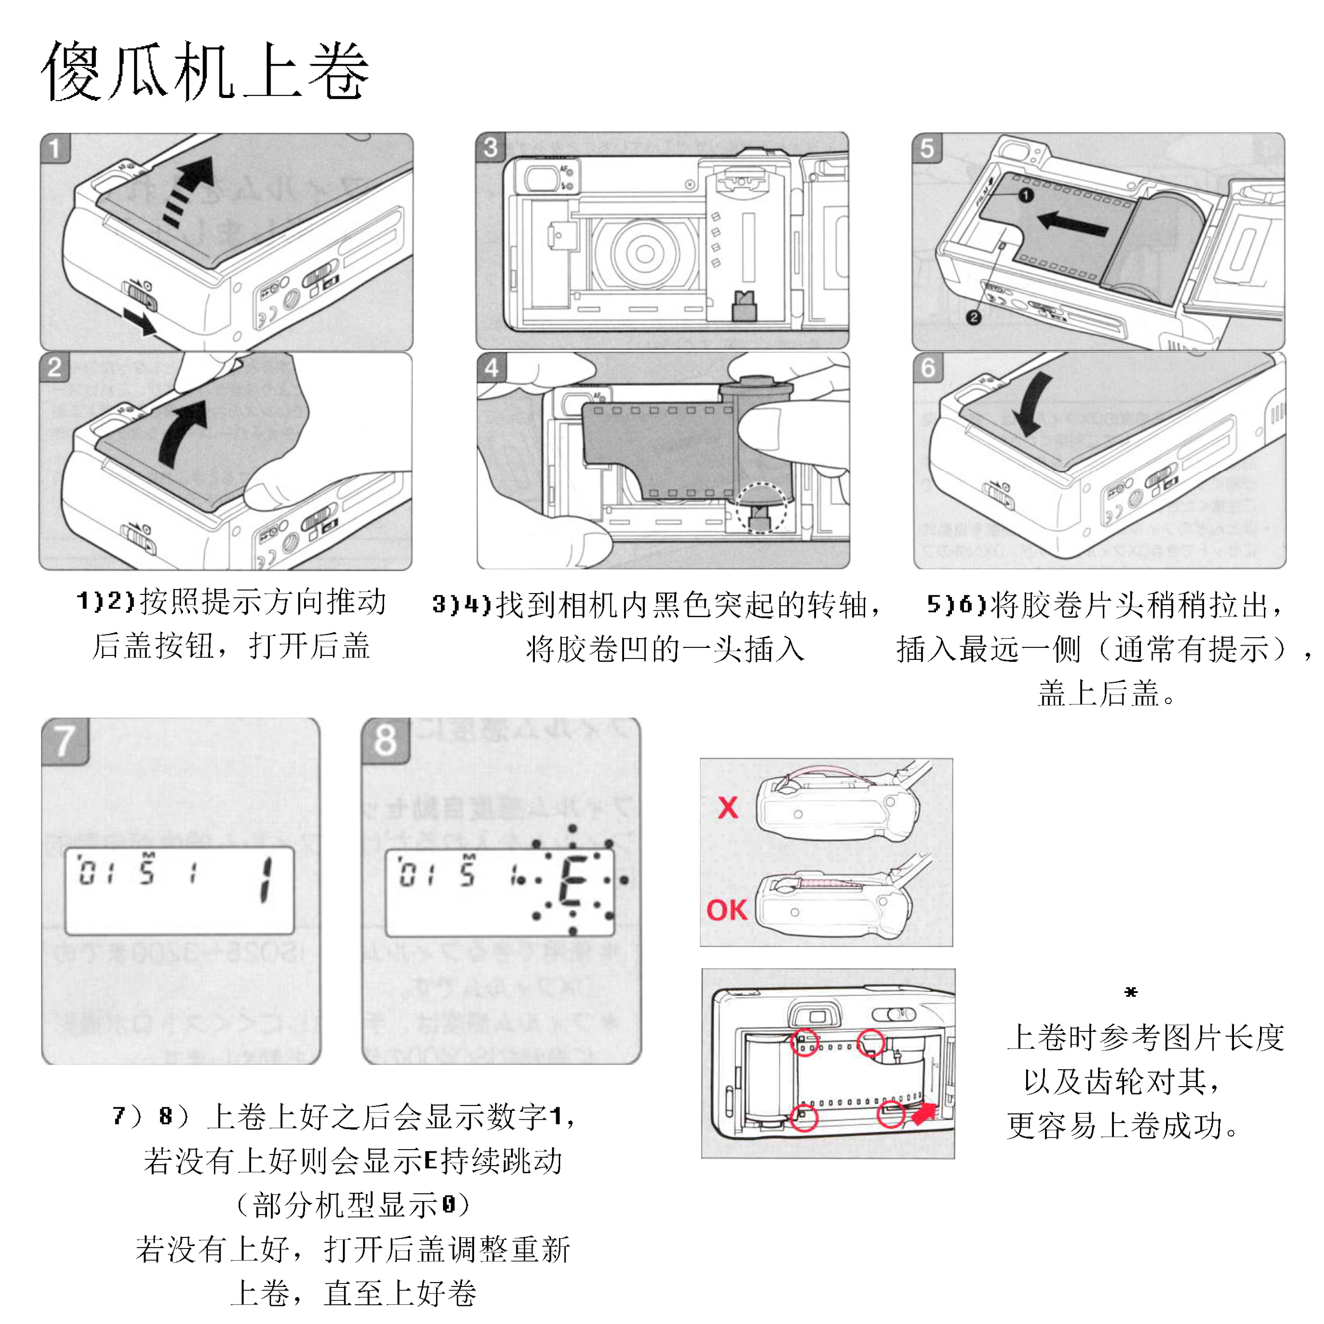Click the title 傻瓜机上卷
[x=206, y=71]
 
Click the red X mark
[x=728, y=807]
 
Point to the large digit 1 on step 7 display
[x=266, y=880]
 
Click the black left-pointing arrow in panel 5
[x=1072, y=223]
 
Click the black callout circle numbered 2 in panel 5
[x=973, y=317]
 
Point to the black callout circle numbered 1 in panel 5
[x=1025, y=196]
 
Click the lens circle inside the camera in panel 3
[x=644, y=254]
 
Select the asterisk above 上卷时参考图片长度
[x=1131, y=992]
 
